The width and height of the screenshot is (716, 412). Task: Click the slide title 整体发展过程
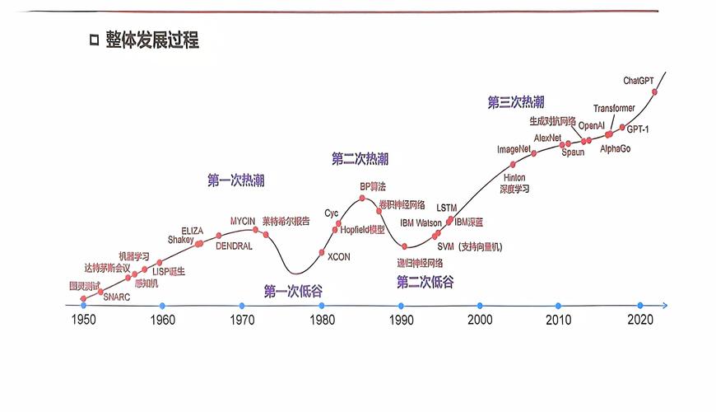point(151,40)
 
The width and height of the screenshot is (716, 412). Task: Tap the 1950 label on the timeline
point(83,320)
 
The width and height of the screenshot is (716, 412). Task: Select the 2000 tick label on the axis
point(480,320)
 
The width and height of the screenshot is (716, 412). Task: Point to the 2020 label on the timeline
point(639,320)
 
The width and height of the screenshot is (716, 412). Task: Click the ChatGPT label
point(639,80)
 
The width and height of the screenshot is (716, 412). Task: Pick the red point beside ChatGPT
point(655,91)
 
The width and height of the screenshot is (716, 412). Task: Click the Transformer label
point(614,109)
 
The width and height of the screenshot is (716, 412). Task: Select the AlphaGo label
point(615,148)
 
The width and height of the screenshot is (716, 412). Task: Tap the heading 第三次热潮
point(516,102)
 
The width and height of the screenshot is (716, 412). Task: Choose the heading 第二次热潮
point(360,158)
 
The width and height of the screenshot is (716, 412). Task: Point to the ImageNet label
point(514,149)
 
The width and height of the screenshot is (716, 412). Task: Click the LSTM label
point(446,208)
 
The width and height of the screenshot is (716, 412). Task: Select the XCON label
point(338,257)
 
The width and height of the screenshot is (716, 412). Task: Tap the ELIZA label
point(192,230)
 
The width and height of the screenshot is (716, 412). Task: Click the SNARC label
point(116,297)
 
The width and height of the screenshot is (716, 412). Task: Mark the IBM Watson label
point(421,222)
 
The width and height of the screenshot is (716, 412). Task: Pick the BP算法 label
point(372,187)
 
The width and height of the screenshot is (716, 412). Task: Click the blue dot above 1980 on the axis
point(321,306)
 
